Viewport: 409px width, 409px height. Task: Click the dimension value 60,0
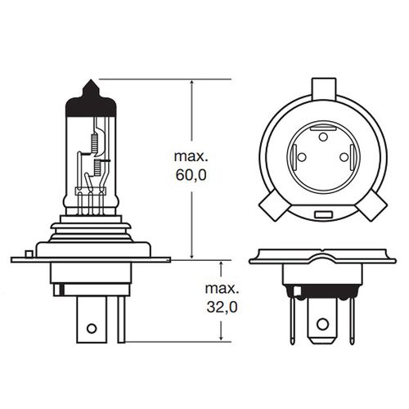[x=191, y=175]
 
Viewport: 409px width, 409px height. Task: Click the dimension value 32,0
[x=222, y=308]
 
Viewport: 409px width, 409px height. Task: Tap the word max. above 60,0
[x=191, y=156]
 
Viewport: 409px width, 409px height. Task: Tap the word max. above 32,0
[x=222, y=289]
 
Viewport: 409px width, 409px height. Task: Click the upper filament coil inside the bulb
[x=95, y=144]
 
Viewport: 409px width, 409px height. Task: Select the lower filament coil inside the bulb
[x=97, y=168]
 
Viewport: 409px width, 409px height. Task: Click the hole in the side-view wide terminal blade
[x=92, y=328]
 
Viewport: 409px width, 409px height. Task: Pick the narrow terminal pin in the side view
[x=121, y=319]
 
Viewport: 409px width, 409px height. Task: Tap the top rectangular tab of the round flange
[x=324, y=89]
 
